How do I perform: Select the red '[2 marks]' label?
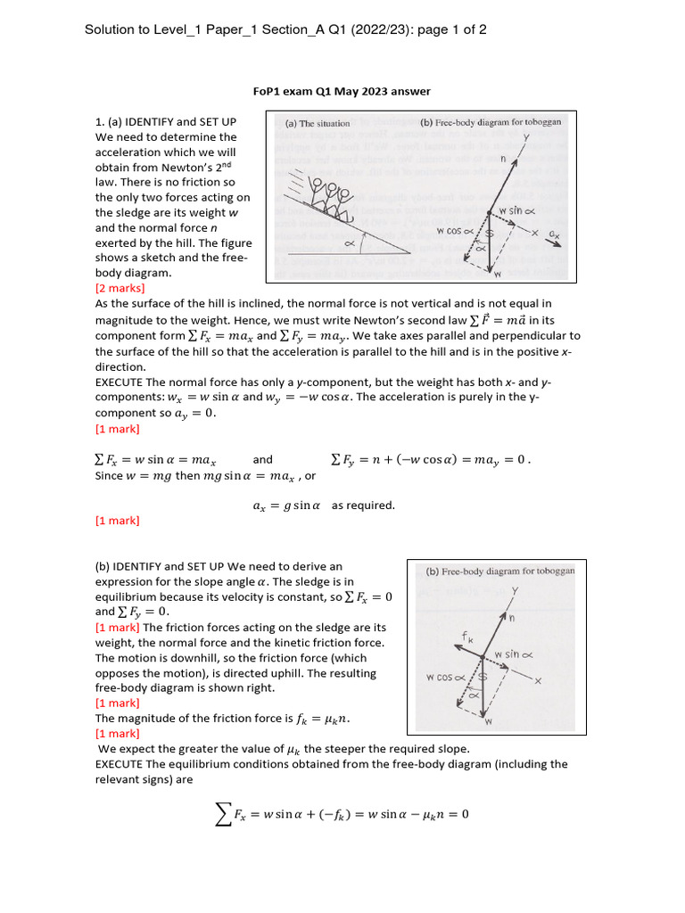[120, 288]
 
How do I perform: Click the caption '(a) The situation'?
[318, 123]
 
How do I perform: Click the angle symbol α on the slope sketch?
[349, 243]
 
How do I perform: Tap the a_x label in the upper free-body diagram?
[555, 234]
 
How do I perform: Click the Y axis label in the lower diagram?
[516, 591]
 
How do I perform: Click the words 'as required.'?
[363, 506]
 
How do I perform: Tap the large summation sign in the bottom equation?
[223, 814]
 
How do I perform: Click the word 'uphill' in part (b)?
[357, 673]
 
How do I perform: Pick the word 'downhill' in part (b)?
[176, 658]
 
